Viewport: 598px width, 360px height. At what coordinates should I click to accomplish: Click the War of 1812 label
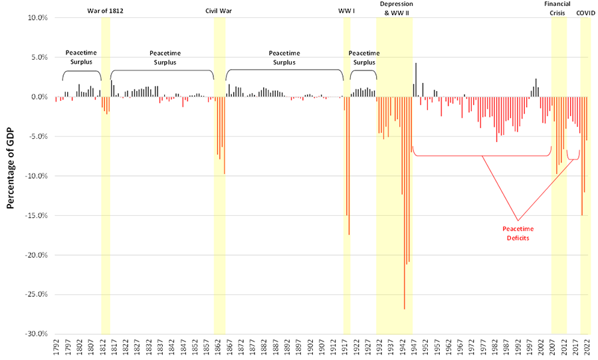pyautogui.click(x=105, y=11)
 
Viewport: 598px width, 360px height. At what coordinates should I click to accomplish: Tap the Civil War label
pyautogui.click(x=219, y=11)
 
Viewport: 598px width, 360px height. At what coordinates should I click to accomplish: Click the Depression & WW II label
pyautogui.click(x=395, y=8)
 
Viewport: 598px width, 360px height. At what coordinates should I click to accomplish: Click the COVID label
pyautogui.click(x=585, y=11)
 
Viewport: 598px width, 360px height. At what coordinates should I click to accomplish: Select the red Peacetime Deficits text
pyautogui.click(x=517, y=233)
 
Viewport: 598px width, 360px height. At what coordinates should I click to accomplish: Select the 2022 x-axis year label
pyautogui.click(x=587, y=349)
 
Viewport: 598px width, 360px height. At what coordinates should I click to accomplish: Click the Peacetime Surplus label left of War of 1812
pyautogui.click(x=82, y=57)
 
